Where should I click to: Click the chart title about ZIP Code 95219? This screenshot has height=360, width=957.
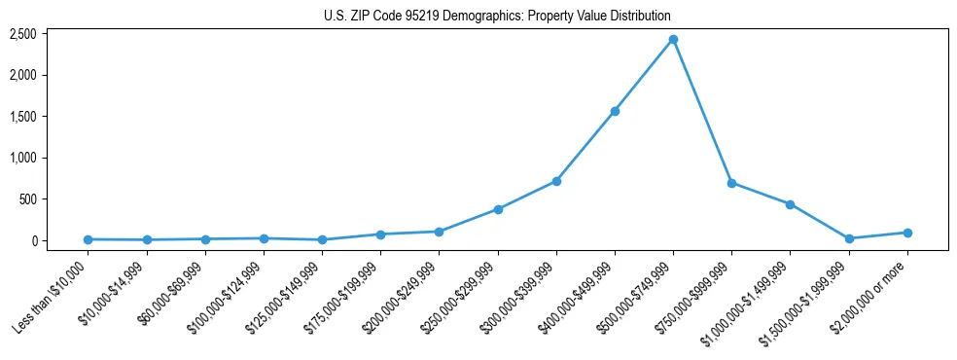pos(497,17)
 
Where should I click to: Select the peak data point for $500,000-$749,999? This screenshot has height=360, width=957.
pos(673,40)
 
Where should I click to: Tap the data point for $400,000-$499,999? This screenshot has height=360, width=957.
pos(615,111)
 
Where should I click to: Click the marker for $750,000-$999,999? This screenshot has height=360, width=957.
pos(731,183)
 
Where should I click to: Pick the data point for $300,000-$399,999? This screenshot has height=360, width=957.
pos(556,181)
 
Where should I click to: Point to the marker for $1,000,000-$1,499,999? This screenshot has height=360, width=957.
pos(790,204)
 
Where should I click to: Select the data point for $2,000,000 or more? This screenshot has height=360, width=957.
pos(907,233)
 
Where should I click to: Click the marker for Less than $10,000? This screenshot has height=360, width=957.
pos(88,239)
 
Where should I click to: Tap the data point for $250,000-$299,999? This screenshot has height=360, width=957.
pos(498,209)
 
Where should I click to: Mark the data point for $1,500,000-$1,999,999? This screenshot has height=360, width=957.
pos(849,238)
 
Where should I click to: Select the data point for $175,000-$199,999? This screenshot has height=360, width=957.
pos(380,234)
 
